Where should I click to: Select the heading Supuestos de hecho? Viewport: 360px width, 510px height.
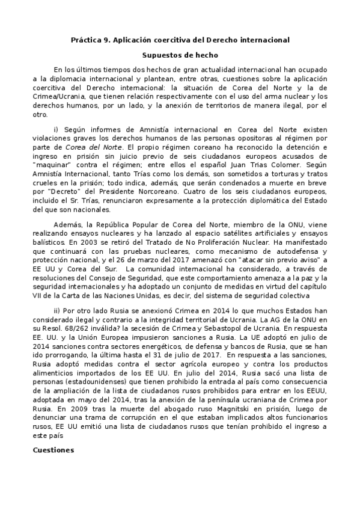coord(180,55)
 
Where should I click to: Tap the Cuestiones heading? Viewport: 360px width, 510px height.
coord(53,449)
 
